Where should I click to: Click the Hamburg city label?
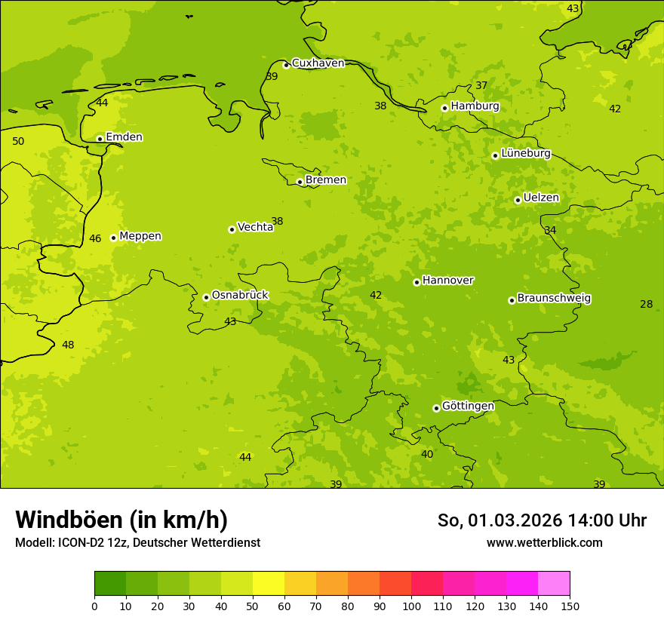pyautogui.click(x=475, y=106)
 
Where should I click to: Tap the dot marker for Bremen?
pyautogui.click(x=300, y=182)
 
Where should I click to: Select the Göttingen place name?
pyautogui.click(x=468, y=406)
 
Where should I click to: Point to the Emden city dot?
pyautogui.click(x=100, y=139)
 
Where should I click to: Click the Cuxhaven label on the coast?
pyautogui.click(x=318, y=63)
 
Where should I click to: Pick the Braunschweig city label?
pyautogui.click(x=554, y=298)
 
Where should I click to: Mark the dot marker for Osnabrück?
pyautogui.click(x=206, y=297)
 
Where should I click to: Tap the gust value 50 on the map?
pyautogui.click(x=18, y=141)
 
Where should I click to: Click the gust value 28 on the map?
pyautogui.click(x=646, y=304)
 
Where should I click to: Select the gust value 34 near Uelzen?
pyautogui.click(x=550, y=230)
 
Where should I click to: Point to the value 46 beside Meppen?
pyautogui.click(x=95, y=238)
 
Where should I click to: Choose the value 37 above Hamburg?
pyautogui.click(x=481, y=85)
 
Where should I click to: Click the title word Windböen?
pyautogui.click(x=69, y=520)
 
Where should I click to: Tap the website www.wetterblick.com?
pyautogui.click(x=544, y=542)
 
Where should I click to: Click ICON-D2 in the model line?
pyautogui.click(x=78, y=542)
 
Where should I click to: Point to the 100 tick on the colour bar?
pyautogui.click(x=411, y=606)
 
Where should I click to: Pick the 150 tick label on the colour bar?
pyautogui.click(x=570, y=606)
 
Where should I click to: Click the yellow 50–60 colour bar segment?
pyautogui.click(x=269, y=584)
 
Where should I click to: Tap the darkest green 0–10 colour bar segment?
pyautogui.click(x=110, y=584)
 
